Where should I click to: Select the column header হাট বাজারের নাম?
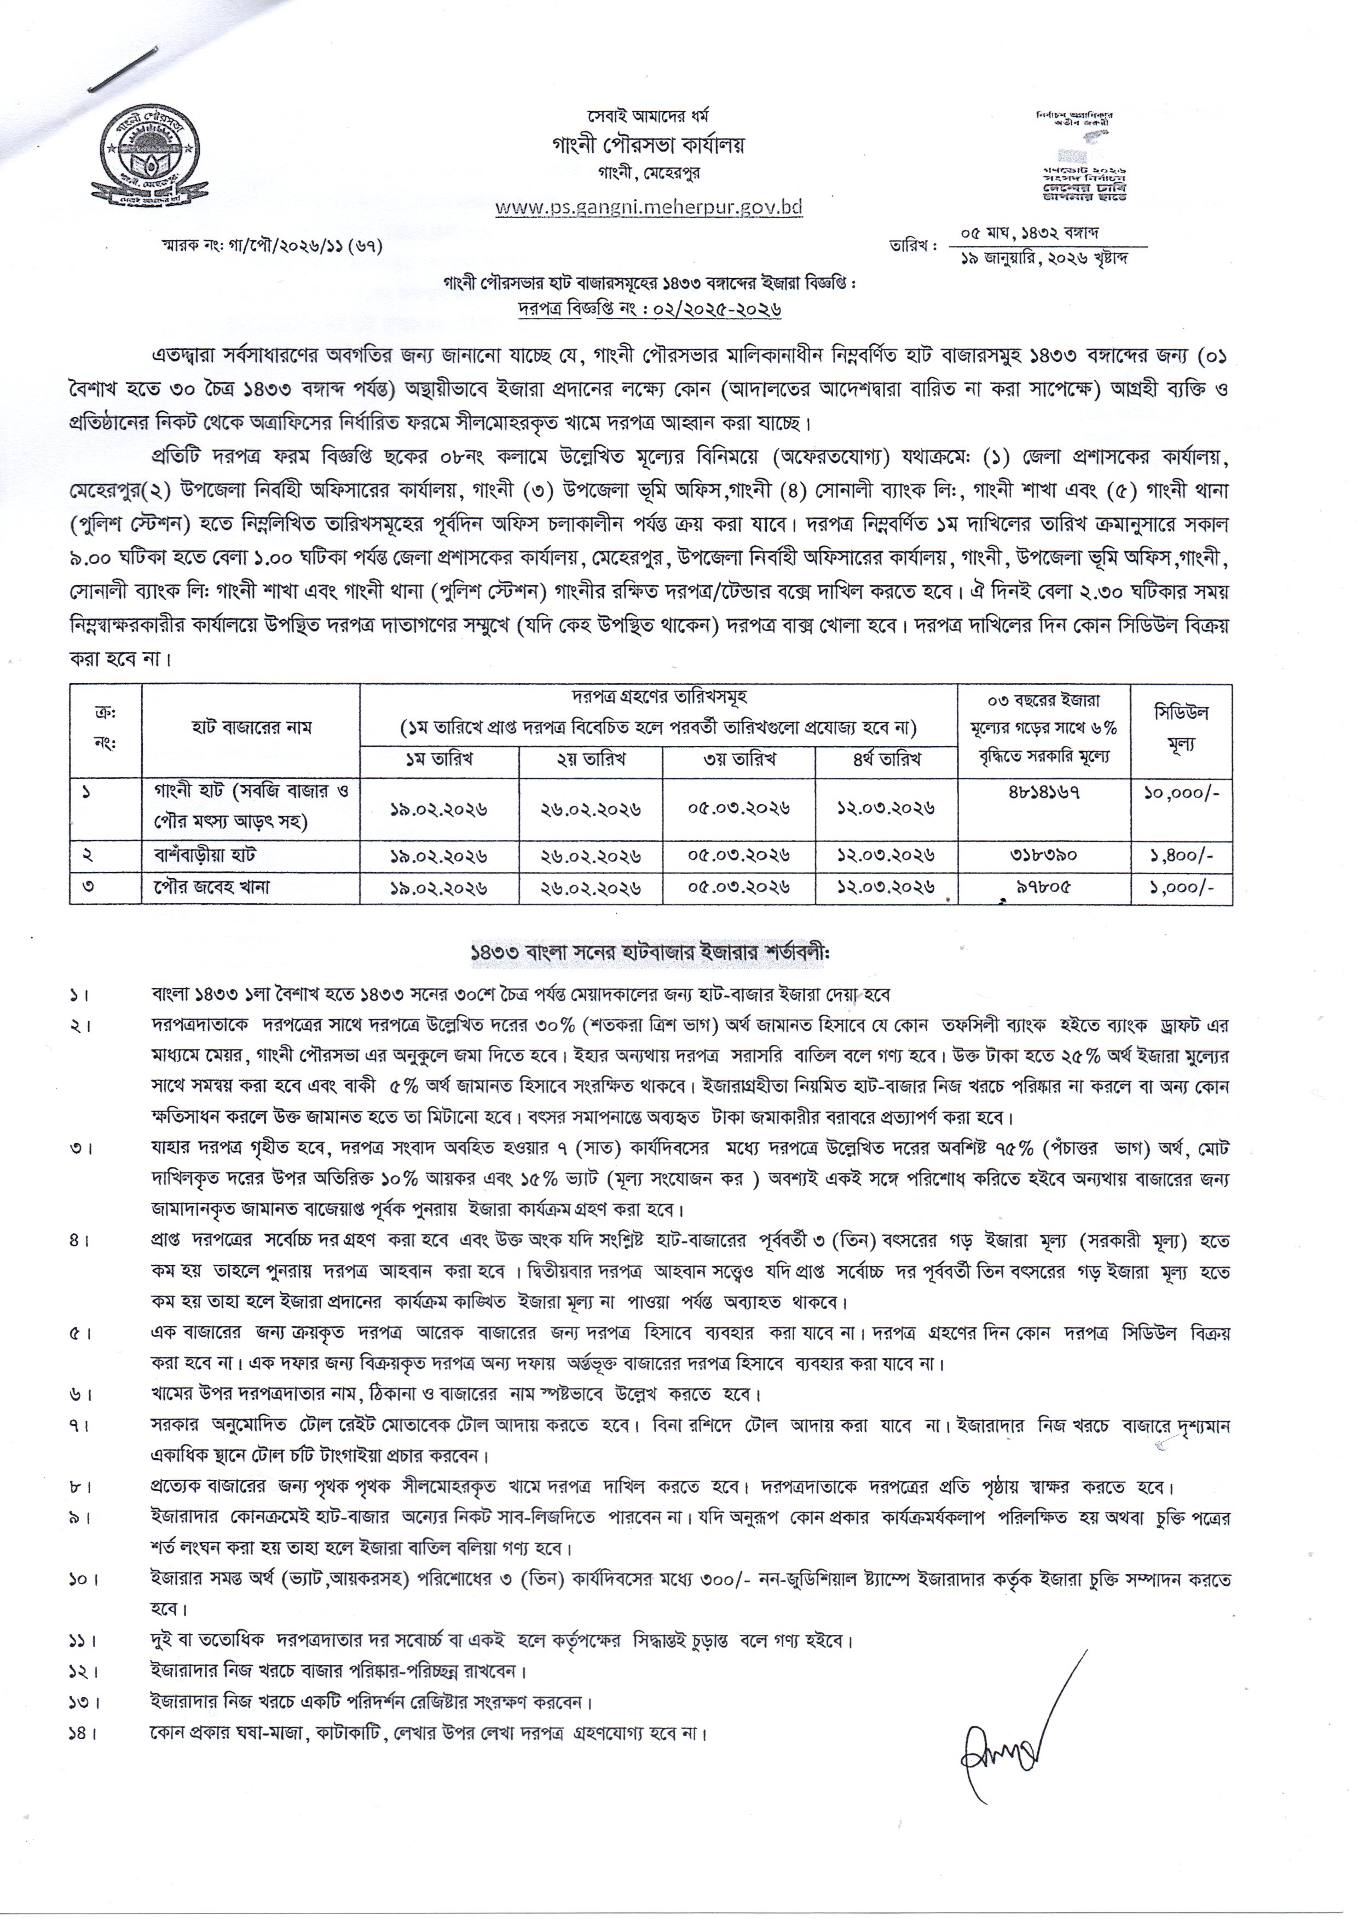(x=251, y=727)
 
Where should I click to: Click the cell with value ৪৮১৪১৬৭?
(x=1044, y=792)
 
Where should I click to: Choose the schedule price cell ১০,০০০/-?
(x=1182, y=792)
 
